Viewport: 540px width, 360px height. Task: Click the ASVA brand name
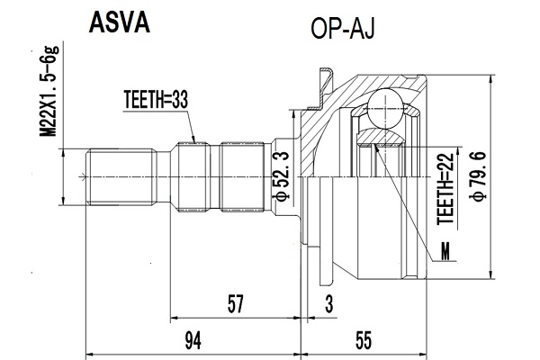pos(119,22)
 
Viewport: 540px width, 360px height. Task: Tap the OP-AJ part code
pos(342,29)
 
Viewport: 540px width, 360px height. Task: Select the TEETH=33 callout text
pos(156,100)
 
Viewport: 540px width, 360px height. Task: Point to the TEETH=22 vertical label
pos(445,189)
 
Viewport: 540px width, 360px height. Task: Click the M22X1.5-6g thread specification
pos(49,91)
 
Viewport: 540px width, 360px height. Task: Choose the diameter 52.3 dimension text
pos(280,176)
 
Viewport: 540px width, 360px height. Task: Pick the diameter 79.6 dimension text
pos(480,176)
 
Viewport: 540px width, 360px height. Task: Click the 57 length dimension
pos(235,303)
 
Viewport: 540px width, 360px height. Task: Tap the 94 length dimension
pos(193,341)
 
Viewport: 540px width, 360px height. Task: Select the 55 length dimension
pos(364,341)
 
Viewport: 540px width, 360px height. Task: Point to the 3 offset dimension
pos(329,304)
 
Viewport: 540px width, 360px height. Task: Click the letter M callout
pos(445,251)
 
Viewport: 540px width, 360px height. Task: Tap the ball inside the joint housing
pos(385,108)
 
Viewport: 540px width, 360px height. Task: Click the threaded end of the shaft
pos(121,176)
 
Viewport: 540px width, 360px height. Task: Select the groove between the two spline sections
pos(214,176)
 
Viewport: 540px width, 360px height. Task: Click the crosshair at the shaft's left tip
pos(83,177)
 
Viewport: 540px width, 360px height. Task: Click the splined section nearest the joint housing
pos(242,176)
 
